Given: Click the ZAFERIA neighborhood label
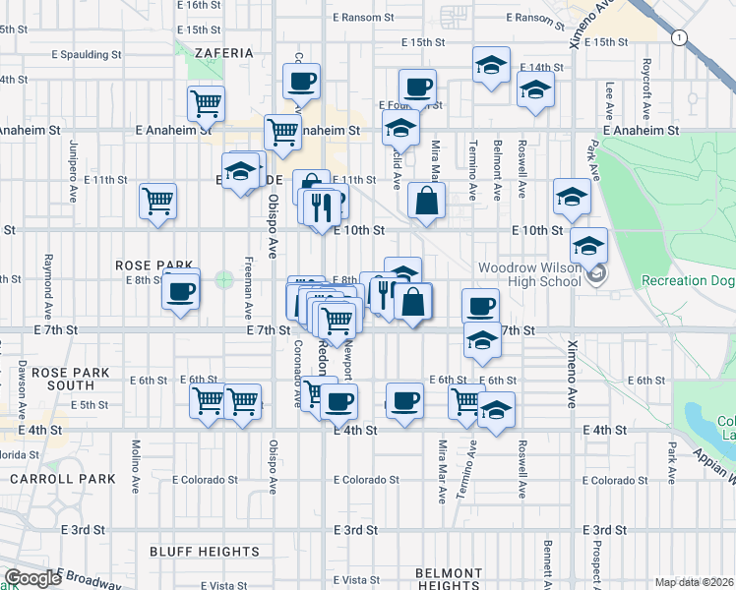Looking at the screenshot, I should [224, 53].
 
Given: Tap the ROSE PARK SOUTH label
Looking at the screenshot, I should [62, 380].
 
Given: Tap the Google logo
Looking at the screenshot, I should [32, 578].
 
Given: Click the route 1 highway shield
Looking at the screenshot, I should [678, 37].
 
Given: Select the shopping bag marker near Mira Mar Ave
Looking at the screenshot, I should [426, 202].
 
